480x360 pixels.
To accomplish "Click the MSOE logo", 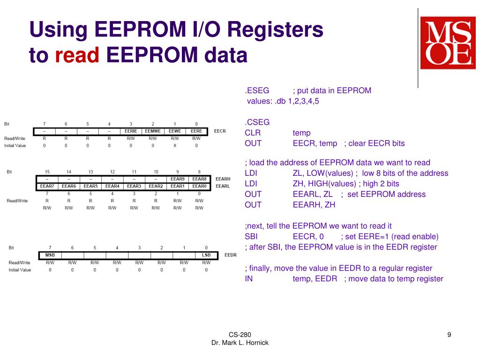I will [x=448, y=43].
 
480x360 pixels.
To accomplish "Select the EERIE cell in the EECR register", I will [x=131, y=131].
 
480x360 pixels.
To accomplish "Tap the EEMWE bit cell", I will [x=153, y=131].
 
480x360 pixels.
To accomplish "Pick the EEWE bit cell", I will [x=175, y=131].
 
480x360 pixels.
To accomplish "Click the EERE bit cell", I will [x=196, y=131].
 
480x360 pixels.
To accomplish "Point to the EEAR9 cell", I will [x=177, y=179].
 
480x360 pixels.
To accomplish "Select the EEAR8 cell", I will [x=199, y=179].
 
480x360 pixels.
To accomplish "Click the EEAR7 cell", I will [x=47, y=186].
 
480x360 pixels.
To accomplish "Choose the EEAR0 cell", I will [x=199, y=186].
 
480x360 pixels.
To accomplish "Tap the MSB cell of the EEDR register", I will [x=50, y=255].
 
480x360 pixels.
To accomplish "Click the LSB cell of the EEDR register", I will [x=206, y=255].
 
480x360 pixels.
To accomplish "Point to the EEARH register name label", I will [x=223, y=179].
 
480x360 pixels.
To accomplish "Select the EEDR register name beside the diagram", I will [x=231, y=255].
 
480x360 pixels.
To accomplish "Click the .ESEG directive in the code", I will [x=257, y=90].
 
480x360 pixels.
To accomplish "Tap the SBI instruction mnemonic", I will [x=251, y=236].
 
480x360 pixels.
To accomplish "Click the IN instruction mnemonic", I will [x=248, y=278].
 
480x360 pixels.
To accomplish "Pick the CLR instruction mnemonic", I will [x=253, y=133].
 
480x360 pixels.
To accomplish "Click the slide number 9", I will [x=449, y=334].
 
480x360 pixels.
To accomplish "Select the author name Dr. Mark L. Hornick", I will [x=240, y=343].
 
